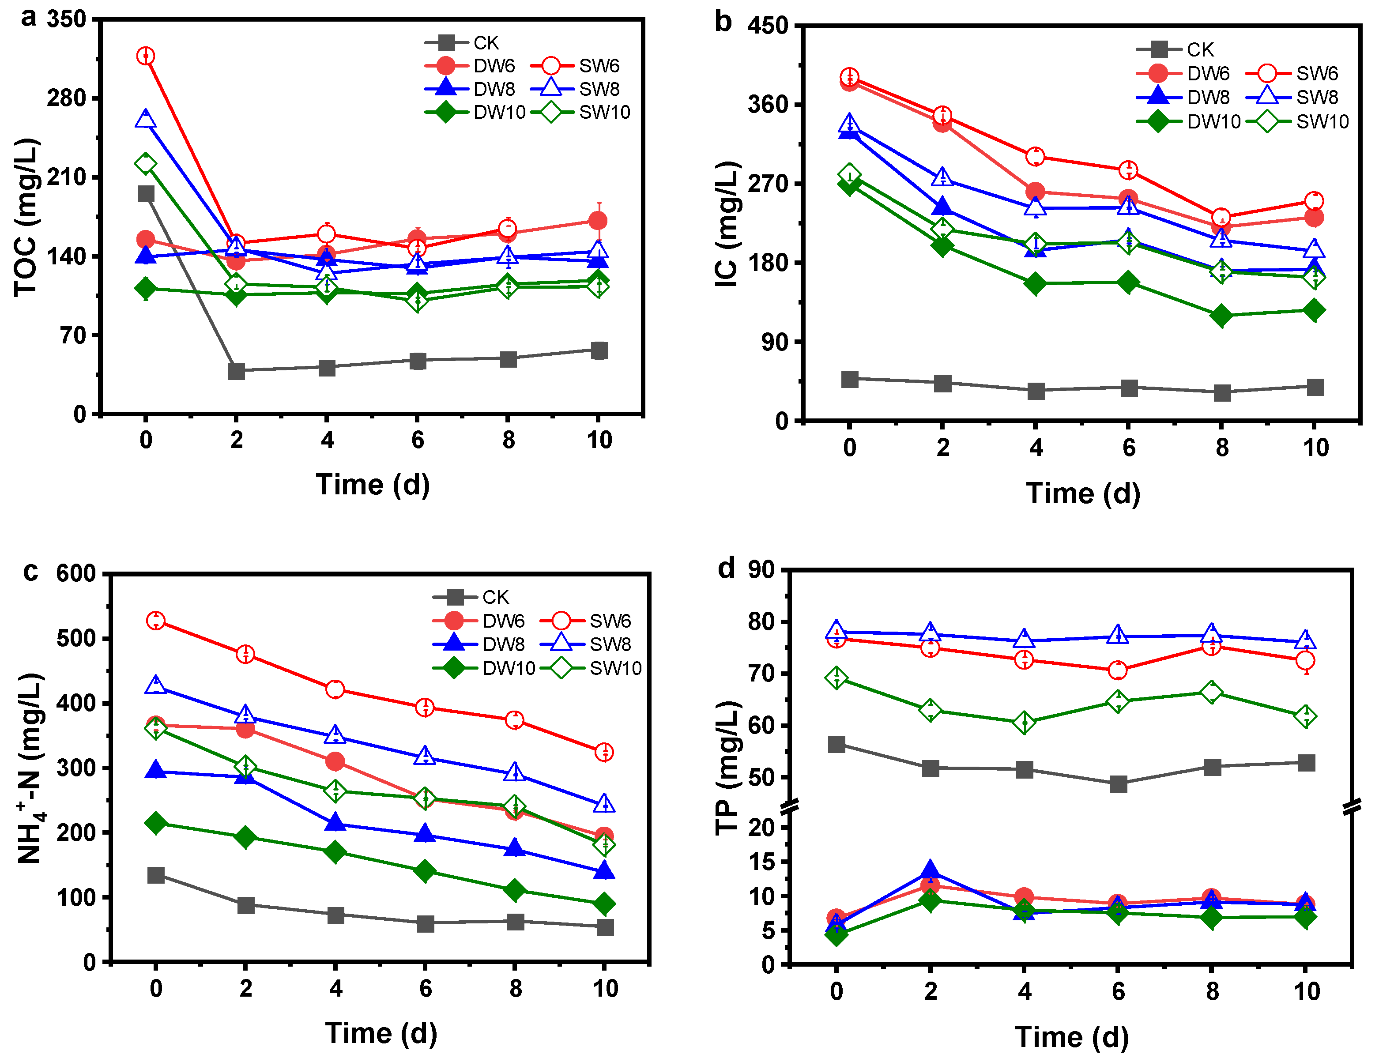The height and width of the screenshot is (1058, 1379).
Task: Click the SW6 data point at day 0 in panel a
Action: tap(146, 56)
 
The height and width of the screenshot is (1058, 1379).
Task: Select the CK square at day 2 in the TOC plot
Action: tap(236, 371)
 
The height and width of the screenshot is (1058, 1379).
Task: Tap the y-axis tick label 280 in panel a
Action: tap(66, 98)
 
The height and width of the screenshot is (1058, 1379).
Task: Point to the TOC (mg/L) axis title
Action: tap(26, 217)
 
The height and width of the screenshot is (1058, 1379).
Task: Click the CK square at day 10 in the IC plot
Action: tap(1315, 387)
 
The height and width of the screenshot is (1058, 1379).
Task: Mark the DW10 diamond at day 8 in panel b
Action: tap(1221, 316)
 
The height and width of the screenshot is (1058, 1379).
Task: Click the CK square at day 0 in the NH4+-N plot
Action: tap(155, 875)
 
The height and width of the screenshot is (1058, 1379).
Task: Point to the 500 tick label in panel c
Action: tap(75, 639)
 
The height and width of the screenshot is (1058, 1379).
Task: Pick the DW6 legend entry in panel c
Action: tap(485, 621)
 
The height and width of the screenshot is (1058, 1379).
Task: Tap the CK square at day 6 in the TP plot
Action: tap(1118, 784)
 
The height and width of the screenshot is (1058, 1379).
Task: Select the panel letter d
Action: tap(727, 568)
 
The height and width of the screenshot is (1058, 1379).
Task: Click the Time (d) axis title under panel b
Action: tap(1083, 493)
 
